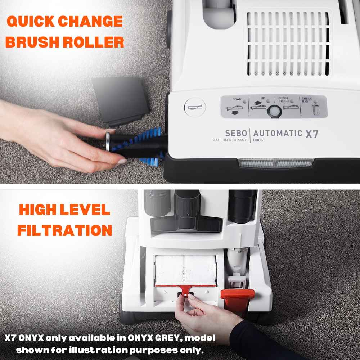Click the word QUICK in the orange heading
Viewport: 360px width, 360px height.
30,21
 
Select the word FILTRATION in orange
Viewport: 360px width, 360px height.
64,230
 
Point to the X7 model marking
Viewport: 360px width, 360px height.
312,134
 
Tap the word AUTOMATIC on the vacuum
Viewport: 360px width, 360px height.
278,134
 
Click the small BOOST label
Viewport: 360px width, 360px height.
259,140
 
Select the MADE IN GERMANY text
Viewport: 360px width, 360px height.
229,140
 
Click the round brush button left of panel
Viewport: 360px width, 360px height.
195,107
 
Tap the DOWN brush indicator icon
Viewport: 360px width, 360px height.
234,109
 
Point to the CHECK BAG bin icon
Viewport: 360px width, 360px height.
316,109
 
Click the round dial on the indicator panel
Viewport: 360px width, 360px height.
275,112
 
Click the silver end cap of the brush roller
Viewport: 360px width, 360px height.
107,141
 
